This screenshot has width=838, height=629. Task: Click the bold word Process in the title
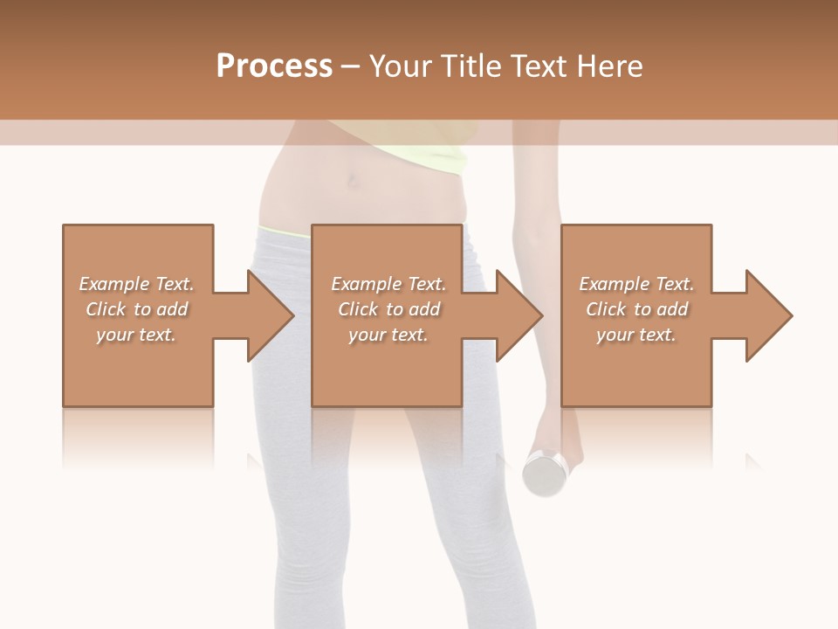click(x=274, y=66)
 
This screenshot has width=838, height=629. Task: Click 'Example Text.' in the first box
click(x=136, y=284)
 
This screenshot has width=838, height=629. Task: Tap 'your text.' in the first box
click(x=136, y=335)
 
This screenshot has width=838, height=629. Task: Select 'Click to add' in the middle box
click(x=388, y=309)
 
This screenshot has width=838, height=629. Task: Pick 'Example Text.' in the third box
click(x=636, y=284)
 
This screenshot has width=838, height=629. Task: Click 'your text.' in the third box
click(x=636, y=335)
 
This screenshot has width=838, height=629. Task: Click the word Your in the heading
click(x=398, y=66)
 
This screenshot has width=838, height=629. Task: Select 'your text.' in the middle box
click(x=388, y=335)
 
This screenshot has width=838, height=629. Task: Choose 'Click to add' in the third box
click(x=636, y=309)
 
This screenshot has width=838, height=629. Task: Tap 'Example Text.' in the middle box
click(x=388, y=284)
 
